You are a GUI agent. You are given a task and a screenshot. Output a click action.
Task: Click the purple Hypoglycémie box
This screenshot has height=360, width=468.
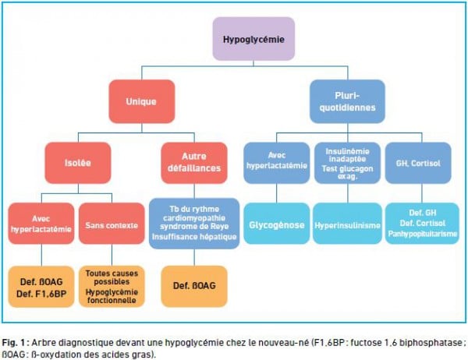click(x=253, y=39)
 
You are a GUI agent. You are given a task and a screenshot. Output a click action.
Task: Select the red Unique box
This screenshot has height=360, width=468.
click(x=142, y=101)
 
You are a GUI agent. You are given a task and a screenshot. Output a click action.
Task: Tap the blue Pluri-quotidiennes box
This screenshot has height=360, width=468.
click(x=347, y=101)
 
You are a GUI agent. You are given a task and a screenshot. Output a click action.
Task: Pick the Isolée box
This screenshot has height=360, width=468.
click(x=78, y=163)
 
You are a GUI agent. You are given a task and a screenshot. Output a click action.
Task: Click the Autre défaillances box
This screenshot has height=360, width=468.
click(x=194, y=163)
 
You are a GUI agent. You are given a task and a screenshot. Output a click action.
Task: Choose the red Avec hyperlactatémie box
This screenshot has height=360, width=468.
click(x=41, y=224)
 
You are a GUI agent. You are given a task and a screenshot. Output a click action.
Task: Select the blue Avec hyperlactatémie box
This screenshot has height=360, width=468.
click(x=277, y=163)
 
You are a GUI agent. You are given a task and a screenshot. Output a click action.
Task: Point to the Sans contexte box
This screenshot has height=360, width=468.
click(x=112, y=224)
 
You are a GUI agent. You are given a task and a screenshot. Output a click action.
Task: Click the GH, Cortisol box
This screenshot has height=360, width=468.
click(x=418, y=163)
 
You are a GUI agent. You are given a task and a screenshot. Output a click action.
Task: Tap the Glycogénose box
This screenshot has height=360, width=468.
click(x=277, y=224)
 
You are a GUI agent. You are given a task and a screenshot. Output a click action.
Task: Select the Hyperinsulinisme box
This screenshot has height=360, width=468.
click(x=347, y=224)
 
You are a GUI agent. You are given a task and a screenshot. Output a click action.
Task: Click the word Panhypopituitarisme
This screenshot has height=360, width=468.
click(x=422, y=234)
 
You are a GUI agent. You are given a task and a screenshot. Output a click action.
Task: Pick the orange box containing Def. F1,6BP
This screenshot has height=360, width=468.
click(x=41, y=287)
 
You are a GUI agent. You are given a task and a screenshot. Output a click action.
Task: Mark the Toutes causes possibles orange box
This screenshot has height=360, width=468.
click(x=112, y=287)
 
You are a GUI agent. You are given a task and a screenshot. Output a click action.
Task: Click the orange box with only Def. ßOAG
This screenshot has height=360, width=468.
click(x=194, y=287)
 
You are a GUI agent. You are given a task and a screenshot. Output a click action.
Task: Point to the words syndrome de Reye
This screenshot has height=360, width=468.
click(x=194, y=227)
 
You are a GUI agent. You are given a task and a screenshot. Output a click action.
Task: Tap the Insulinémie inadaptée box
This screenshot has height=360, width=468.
click(x=347, y=163)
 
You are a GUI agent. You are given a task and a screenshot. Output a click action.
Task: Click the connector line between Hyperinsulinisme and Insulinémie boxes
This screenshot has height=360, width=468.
click(x=348, y=193)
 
